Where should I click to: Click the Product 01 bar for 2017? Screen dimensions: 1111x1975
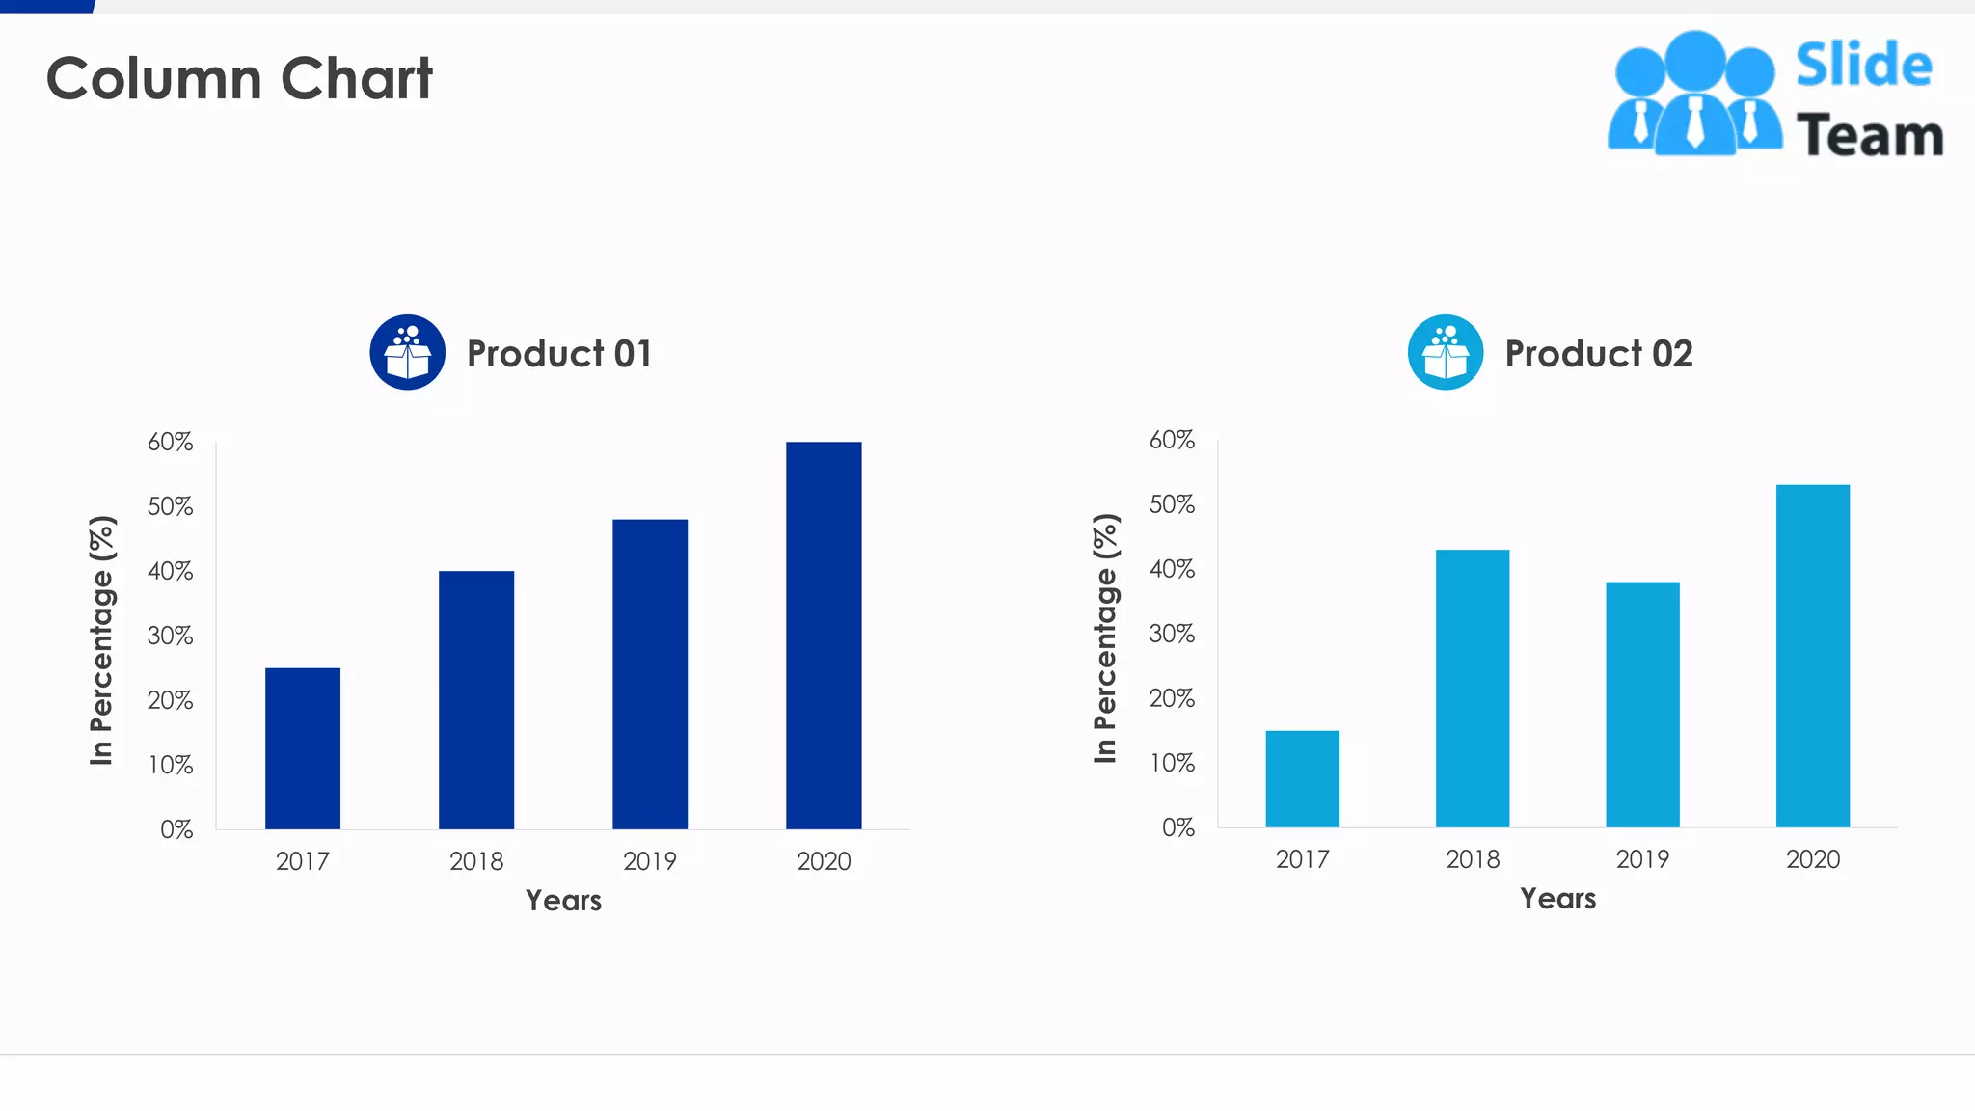pyautogui.click(x=303, y=748)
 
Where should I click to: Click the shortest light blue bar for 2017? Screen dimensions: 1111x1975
pyautogui.click(x=1302, y=778)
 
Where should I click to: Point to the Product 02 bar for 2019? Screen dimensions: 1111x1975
pyautogui.click(x=1642, y=704)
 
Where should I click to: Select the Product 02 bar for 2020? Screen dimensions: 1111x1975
pyautogui.click(x=1813, y=656)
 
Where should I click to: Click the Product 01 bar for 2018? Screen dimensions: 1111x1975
pyautogui.click(x=476, y=699)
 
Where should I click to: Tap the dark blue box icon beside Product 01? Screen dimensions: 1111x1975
pyautogui.click(x=408, y=352)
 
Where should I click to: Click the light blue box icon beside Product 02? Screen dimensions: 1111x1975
pyautogui.click(x=1445, y=352)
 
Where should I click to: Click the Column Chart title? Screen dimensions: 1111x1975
pyautogui.click(x=239, y=78)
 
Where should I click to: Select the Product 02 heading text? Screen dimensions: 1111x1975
pyautogui.click(x=1598, y=354)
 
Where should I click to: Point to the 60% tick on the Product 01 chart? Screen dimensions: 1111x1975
pyautogui.click(x=171, y=442)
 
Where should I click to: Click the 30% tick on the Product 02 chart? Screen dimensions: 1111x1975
pyautogui.click(x=1172, y=634)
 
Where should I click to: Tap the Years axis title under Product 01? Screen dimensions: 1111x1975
pyautogui.click(x=563, y=900)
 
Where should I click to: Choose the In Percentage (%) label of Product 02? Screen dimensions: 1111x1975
pyautogui.click(x=1105, y=638)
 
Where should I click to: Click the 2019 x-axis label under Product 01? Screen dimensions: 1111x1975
pyautogui.click(x=650, y=861)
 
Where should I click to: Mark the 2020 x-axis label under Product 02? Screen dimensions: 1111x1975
pyautogui.click(x=1813, y=859)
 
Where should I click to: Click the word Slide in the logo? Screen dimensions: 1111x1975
pyautogui.click(x=1863, y=66)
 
